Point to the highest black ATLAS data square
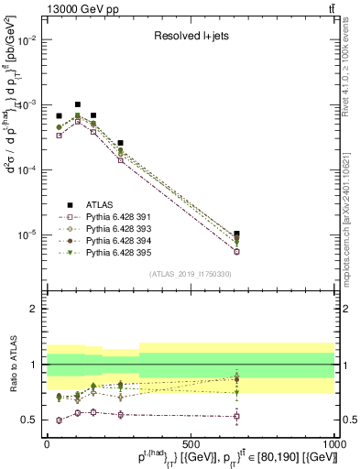tap(78, 104)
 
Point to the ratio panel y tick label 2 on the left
tap(34, 310)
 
